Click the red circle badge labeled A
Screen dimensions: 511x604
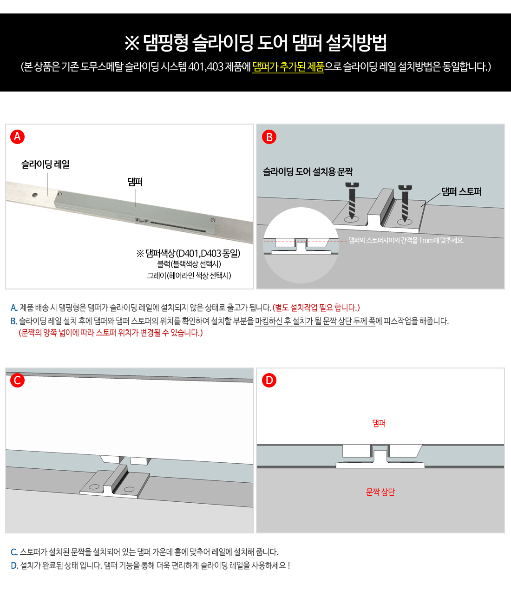click(x=17, y=137)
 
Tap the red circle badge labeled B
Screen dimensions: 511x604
click(x=269, y=137)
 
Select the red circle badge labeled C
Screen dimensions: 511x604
click(x=17, y=381)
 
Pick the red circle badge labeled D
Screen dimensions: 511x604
click(x=269, y=381)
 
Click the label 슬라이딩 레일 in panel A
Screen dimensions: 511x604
click(x=45, y=164)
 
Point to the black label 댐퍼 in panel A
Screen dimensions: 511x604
click(x=135, y=182)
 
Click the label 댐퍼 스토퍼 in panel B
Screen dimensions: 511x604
click(x=461, y=192)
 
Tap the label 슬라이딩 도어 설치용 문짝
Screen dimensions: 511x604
click(x=308, y=171)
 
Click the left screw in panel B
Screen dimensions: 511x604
click(x=352, y=201)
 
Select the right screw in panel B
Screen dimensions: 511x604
click(x=405, y=204)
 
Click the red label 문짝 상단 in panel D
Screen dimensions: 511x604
click(x=380, y=492)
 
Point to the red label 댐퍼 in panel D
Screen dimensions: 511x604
click(x=379, y=423)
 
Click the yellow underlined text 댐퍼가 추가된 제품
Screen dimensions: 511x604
click(x=288, y=67)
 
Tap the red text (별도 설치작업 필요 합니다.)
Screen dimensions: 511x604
click(x=316, y=308)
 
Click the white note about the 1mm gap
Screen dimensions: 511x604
click(x=406, y=240)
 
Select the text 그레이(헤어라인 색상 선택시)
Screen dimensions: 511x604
click(x=189, y=276)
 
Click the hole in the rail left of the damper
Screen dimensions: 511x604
click(x=35, y=195)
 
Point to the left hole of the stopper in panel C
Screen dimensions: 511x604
click(x=94, y=486)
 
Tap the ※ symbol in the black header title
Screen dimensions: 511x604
click(x=132, y=43)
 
